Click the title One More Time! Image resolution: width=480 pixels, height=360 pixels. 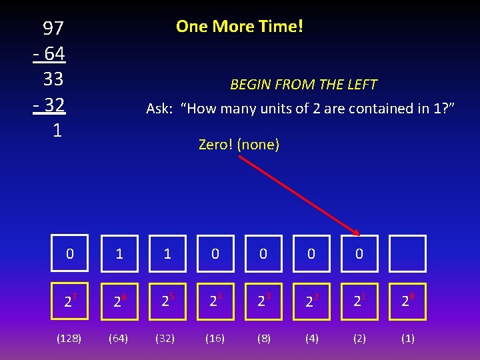[x=239, y=27]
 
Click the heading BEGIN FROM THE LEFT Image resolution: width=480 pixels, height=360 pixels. [x=303, y=85]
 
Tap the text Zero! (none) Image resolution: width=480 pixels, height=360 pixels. [x=239, y=144]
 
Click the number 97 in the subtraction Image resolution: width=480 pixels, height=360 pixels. [x=53, y=28]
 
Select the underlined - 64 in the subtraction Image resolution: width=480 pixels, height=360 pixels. [x=48, y=53]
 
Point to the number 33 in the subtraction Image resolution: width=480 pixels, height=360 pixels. [x=53, y=79]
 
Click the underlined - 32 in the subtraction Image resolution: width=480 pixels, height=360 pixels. [x=48, y=105]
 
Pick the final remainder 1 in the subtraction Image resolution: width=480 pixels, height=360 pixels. [x=57, y=131]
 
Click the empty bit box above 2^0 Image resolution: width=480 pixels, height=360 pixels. [x=407, y=253]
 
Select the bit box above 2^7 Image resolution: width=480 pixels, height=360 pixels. [x=69, y=253]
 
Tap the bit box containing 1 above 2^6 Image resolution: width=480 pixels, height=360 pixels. [x=119, y=253]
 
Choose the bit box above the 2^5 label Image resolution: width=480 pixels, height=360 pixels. [x=167, y=253]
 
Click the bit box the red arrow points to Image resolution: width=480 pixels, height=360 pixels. [x=359, y=253]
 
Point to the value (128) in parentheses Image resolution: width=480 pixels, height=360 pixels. [x=69, y=338]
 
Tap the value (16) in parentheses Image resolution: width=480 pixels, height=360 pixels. [x=215, y=338]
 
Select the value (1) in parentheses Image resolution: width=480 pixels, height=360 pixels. [x=407, y=338]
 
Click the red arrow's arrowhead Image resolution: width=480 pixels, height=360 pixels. [x=357, y=231]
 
